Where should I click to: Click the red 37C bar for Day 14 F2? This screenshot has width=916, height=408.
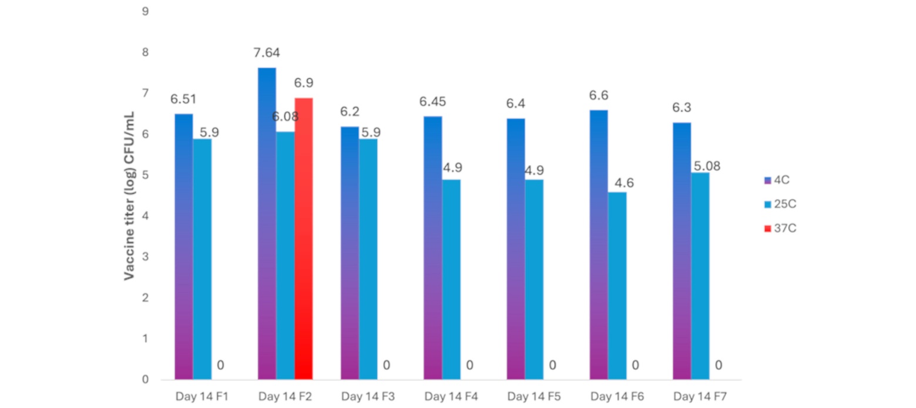[x=304, y=239]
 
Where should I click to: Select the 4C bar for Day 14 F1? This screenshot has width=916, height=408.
[x=183, y=247]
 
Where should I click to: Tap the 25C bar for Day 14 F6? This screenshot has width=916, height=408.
[x=617, y=286]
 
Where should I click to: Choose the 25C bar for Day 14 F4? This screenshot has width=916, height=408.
[x=451, y=279]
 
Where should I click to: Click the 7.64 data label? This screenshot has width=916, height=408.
[x=267, y=53]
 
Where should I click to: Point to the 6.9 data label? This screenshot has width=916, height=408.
[x=304, y=83]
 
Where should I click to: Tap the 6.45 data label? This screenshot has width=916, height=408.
[x=432, y=102]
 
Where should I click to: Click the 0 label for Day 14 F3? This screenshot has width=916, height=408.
[x=386, y=366]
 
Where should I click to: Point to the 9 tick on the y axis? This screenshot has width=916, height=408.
[x=145, y=12]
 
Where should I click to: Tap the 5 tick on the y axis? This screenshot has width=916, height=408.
[x=145, y=175]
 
